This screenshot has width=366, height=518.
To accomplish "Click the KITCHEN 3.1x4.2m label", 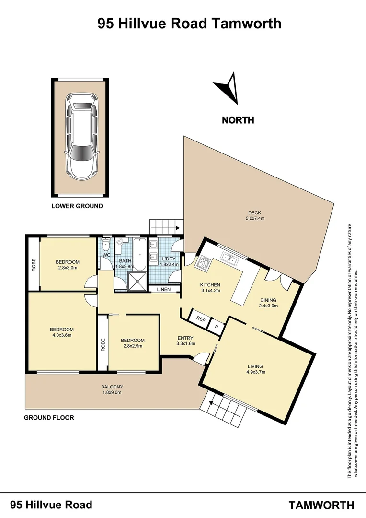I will [x=210, y=287].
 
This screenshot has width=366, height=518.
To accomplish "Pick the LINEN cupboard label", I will [x=164, y=289].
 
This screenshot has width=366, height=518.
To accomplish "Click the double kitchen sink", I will [x=229, y=259].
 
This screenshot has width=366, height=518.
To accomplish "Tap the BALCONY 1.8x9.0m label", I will [x=112, y=389].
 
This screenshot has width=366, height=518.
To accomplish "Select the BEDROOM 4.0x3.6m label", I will [x=62, y=332].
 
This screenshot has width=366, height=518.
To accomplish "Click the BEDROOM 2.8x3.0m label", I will [x=68, y=264].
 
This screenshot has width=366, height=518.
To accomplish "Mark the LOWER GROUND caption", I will [x=77, y=206].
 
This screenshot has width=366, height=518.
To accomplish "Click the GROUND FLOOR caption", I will [x=49, y=417].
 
